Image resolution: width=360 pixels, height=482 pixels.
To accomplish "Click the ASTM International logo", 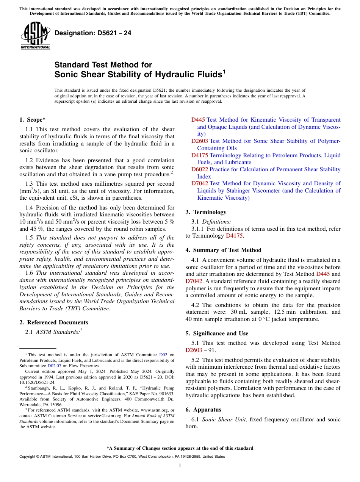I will click(x=35, y=36).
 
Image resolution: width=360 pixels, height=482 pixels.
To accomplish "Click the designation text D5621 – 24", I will click(x=93, y=33).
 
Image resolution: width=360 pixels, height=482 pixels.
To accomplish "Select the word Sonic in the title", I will click(x=66, y=74).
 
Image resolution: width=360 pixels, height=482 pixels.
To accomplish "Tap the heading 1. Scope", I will click(x=32, y=120).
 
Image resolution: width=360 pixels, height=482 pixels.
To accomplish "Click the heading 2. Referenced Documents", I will click(x=53, y=322).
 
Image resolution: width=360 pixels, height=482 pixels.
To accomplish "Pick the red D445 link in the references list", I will click(x=198, y=120).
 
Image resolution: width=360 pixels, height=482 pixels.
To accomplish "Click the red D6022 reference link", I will click(x=199, y=169).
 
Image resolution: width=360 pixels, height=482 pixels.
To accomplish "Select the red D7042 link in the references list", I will click(x=199, y=183).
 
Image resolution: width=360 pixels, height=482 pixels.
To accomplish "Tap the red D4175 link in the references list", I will click(x=199, y=155).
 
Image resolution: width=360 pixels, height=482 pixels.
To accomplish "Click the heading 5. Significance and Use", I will click(x=217, y=333).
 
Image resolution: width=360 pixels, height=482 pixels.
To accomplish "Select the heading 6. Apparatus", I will click(x=203, y=410).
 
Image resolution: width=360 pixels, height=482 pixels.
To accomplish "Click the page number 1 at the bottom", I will click(x=180, y=466).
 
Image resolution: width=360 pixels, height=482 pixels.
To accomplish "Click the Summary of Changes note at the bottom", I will click(x=180, y=448).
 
